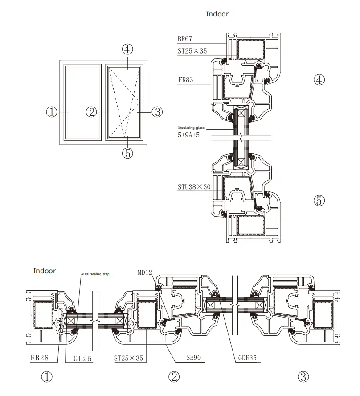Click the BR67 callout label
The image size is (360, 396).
pos(185,40)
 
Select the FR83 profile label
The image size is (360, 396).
pos(185,81)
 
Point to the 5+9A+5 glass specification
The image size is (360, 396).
pos(189,135)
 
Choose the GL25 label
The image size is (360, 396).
pos(83,358)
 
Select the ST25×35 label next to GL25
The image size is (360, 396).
pos(129,358)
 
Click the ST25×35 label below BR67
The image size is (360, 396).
pos(192,51)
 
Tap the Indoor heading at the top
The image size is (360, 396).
pos(217,14)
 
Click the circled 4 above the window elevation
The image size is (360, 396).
pos(127,49)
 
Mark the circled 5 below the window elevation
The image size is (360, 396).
pos(127,153)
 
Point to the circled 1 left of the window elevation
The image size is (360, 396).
pos(52,112)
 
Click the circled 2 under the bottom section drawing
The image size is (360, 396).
pos(174,377)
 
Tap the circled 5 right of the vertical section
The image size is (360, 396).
pos(319,201)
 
